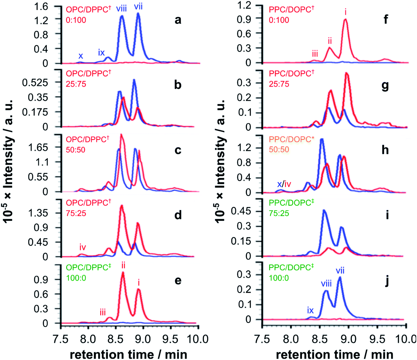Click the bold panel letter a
click(178, 20)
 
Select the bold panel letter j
click(387, 281)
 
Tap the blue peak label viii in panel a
click(121, 8)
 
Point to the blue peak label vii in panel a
click(138, 6)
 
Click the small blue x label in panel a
click(81, 56)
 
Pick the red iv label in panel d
click(83, 247)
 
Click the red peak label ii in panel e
click(123, 265)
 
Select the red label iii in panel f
click(315, 54)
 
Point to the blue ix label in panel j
click(310, 310)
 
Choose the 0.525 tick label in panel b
click(35, 83)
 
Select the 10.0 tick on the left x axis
click(198, 339)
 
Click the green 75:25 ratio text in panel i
click(279, 213)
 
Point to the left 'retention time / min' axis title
click(129, 354)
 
